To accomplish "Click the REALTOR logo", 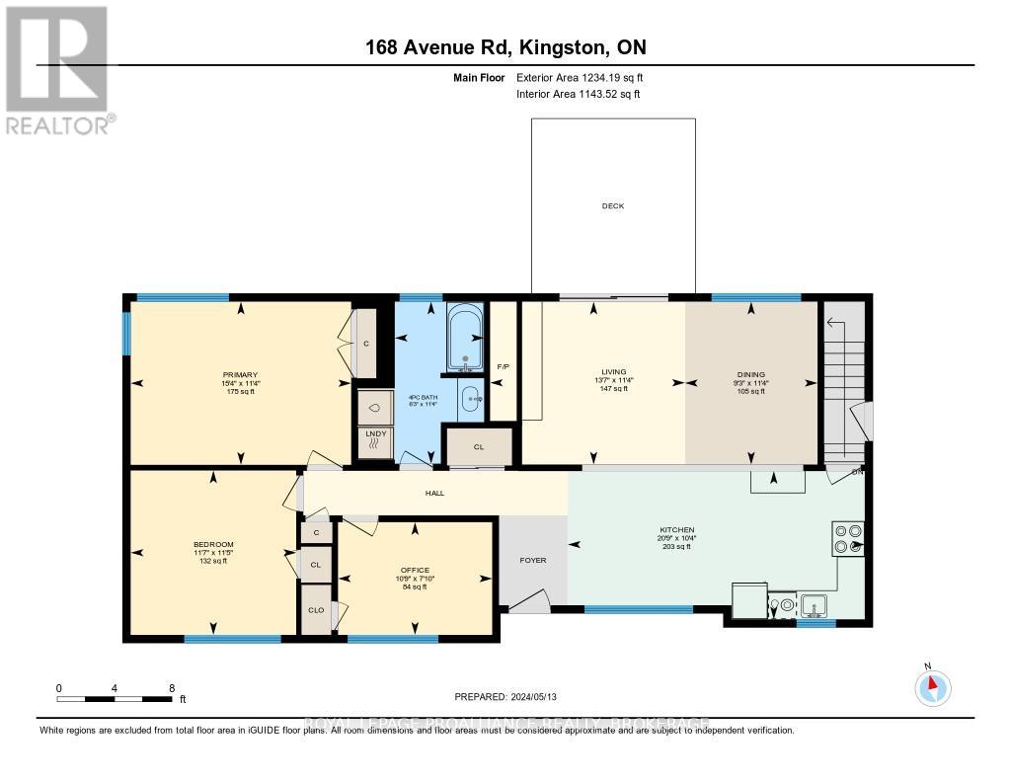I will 56,69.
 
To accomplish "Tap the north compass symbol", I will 933,687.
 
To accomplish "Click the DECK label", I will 613,206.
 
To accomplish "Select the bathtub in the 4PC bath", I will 463,339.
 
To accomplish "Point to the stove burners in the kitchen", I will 848,538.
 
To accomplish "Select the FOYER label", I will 532,560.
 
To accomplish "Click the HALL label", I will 435,491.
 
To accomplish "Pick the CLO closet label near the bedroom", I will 316,610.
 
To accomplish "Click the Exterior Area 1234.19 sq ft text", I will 580,77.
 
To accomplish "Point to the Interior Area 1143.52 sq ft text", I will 578,94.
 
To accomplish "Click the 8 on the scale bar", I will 171,687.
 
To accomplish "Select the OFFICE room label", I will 415,570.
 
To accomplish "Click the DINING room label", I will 750,372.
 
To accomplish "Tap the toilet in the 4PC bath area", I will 375,406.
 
